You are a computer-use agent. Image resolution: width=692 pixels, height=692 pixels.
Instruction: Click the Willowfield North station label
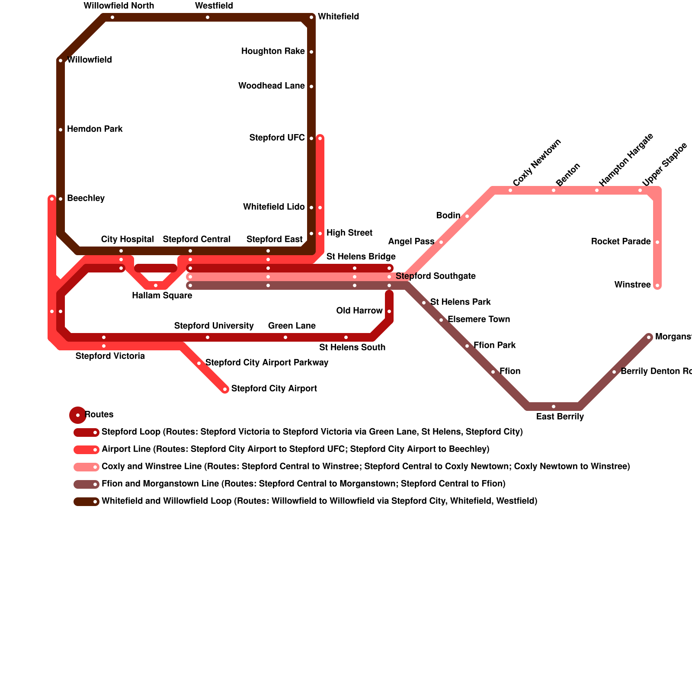(119, 6)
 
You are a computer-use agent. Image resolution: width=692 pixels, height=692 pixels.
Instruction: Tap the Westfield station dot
(208, 17)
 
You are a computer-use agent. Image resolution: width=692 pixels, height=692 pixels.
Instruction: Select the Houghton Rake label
(273, 51)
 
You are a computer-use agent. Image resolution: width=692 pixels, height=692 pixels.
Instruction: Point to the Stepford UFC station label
(277, 138)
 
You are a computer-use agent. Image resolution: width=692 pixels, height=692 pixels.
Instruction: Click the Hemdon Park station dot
(61, 130)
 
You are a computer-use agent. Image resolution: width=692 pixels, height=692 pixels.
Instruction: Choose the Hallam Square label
(162, 296)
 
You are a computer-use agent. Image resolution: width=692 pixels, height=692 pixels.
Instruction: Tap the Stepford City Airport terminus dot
(225, 389)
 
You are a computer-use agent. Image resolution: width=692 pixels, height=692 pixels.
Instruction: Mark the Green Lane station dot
(285, 337)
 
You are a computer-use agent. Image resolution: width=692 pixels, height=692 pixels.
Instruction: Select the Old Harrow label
(359, 311)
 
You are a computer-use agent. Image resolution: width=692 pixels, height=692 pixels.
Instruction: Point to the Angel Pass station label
(411, 242)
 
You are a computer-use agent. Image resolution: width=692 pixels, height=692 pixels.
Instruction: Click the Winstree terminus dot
(657, 285)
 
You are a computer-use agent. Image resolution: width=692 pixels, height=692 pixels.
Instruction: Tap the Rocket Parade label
(621, 242)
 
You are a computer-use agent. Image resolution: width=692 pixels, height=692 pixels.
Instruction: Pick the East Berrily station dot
(554, 407)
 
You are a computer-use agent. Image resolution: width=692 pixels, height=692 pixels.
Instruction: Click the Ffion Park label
(494, 346)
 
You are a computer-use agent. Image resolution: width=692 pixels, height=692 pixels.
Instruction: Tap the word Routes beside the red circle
(99, 415)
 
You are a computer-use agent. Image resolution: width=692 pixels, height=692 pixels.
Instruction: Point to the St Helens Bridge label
(361, 257)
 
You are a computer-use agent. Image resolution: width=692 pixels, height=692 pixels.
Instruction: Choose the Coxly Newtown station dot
(510, 190)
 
